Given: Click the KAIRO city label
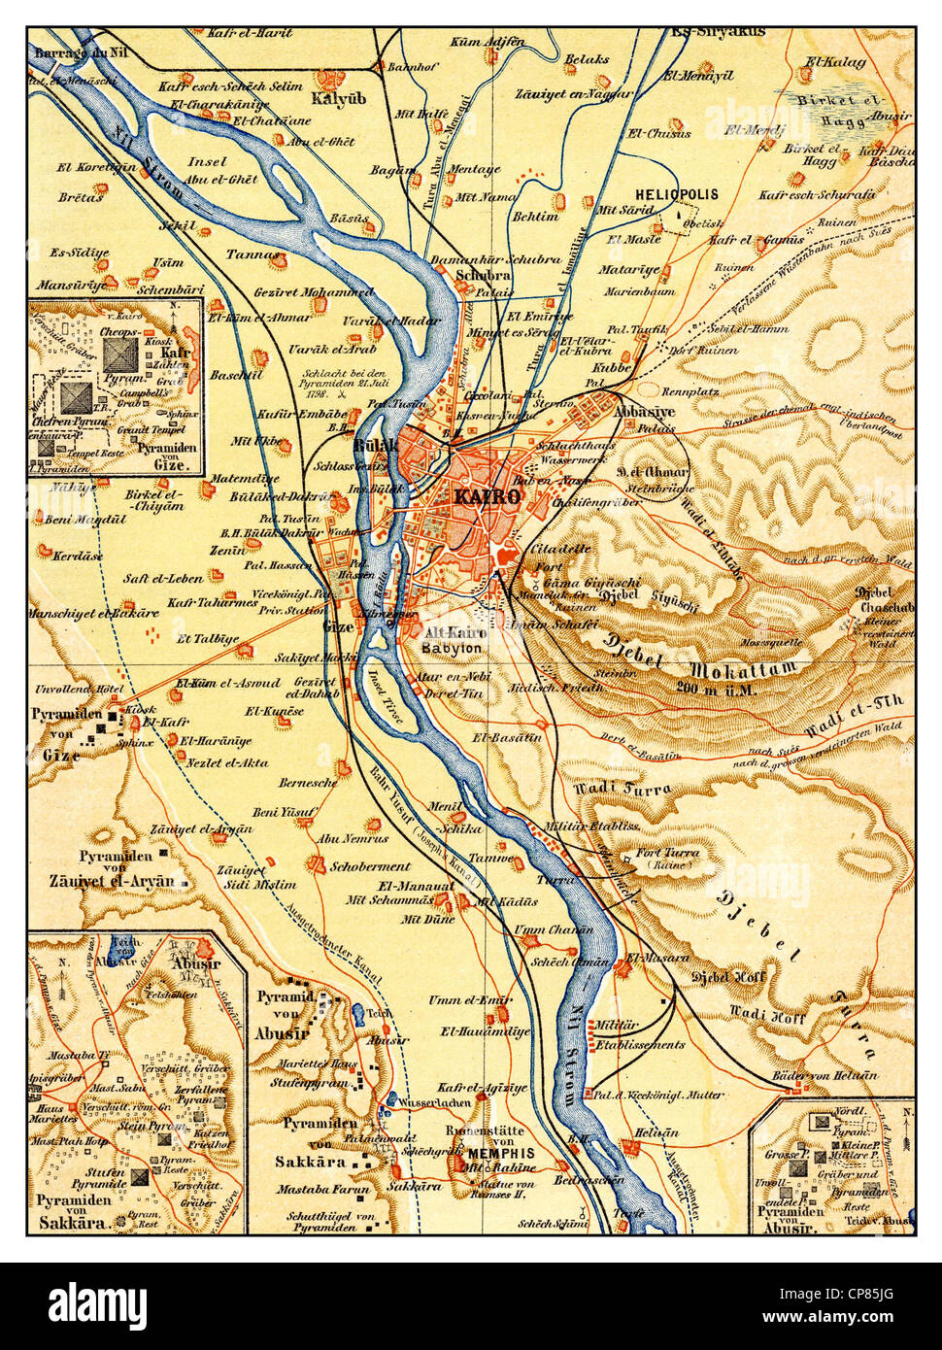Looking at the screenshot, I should (487, 496).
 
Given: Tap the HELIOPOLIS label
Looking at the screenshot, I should (677, 194).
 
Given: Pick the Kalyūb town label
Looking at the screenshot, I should (333, 99).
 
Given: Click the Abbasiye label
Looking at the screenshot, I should (644, 411).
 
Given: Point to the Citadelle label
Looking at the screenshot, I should (561, 549).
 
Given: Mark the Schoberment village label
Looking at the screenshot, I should (370, 866).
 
